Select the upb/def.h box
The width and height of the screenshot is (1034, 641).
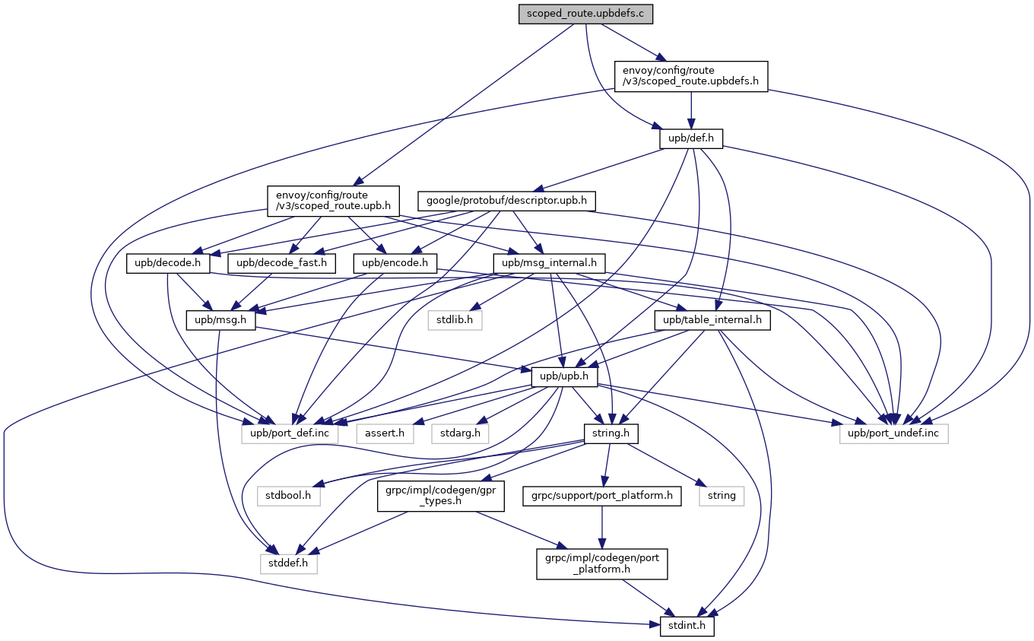tap(690, 138)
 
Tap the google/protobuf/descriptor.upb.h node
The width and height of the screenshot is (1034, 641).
tap(506, 201)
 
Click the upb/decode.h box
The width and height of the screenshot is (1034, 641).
tap(168, 263)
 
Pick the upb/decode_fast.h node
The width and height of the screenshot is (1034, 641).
tap(281, 263)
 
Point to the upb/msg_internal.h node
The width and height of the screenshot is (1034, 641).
tap(549, 263)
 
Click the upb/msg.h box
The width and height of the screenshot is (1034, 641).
tap(220, 320)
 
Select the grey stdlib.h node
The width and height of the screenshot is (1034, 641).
tap(453, 320)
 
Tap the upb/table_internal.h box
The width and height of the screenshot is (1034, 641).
tap(712, 320)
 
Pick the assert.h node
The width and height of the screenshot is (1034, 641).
tap(385, 433)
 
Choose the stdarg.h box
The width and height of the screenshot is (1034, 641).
tap(460, 433)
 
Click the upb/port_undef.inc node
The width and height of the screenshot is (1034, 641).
tap(894, 433)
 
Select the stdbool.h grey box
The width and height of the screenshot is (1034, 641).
tap(288, 496)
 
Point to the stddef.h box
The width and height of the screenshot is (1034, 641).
tap(288, 563)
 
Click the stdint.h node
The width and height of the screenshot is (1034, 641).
tap(682, 627)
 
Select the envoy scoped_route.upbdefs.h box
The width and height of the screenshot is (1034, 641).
tap(691, 76)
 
